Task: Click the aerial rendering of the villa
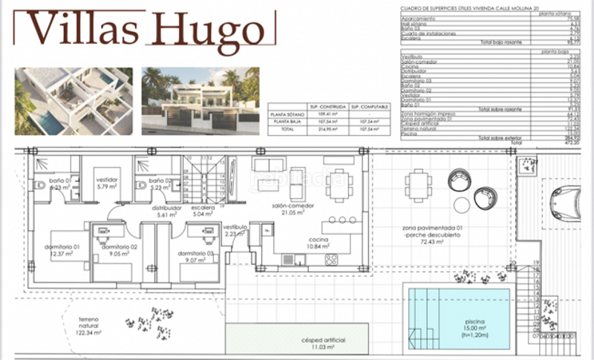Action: (74, 101)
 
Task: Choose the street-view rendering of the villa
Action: (200, 101)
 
